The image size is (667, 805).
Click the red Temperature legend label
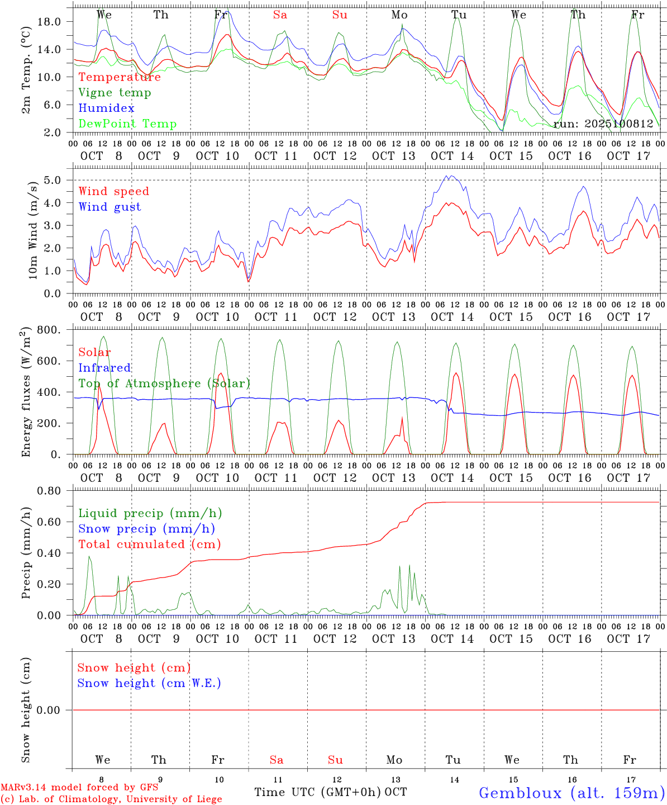pos(120,77)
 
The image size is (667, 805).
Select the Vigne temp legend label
pos(115,93)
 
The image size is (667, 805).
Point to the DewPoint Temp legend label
pos(127,124)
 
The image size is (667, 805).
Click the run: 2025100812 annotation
pos(603,124)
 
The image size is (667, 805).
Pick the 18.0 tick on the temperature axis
pos(56,22)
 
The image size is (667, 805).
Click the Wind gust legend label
pos(109,207)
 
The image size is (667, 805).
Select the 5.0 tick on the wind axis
pos(56,180)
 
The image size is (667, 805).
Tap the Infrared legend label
pos(104,368)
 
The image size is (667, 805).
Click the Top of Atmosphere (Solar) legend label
pos(164,383)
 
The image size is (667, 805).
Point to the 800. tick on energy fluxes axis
pos(54,330)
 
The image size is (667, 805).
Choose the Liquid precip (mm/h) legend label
pos(150,513)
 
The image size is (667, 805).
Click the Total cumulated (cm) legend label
pos(149,544)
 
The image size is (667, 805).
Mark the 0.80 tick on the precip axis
pos(54,491)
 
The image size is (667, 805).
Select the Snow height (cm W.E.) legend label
pos(149,683)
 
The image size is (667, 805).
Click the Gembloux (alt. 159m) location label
pos(571,793)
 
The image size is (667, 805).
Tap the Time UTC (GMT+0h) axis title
pos(318,792)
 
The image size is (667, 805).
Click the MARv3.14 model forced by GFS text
pos(79,788)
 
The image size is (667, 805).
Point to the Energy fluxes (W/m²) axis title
pos(26,393)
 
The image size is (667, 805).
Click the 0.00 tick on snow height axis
pos(54,710)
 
